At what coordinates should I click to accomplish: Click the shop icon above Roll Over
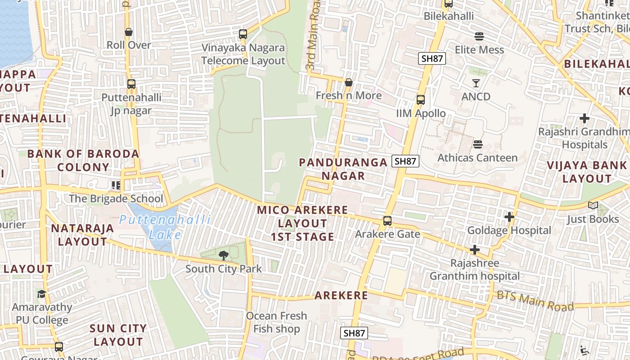tap(129, 32)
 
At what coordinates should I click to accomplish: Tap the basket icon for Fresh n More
tap(348, 82)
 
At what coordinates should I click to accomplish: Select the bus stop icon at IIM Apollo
tap(421, 100)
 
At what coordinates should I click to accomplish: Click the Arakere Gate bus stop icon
tap(387, 221)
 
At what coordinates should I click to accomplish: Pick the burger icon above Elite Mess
tap(479, 36)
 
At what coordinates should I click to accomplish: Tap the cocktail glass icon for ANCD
tap(476, 83)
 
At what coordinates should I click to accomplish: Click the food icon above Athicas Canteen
tap(478, 144)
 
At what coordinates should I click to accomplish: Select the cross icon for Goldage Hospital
tap(509, 217)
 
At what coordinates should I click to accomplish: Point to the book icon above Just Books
tap(593, 206)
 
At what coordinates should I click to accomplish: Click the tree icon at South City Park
tap(223, 256)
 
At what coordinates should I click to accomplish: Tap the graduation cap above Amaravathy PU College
tap(42, 294)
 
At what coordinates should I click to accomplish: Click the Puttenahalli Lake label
tap(165, 227)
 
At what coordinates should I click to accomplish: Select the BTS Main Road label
tap(535, 301)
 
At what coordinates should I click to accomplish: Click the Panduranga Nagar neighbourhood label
tap(343, 169)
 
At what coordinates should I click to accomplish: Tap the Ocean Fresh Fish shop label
tap(276, 322)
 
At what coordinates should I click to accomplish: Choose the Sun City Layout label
tap(118, 335)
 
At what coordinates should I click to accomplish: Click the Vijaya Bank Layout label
tap(587, 171)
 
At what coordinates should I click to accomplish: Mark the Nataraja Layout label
tap(82, 234)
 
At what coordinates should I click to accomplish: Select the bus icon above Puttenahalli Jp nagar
tap(131, 84)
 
